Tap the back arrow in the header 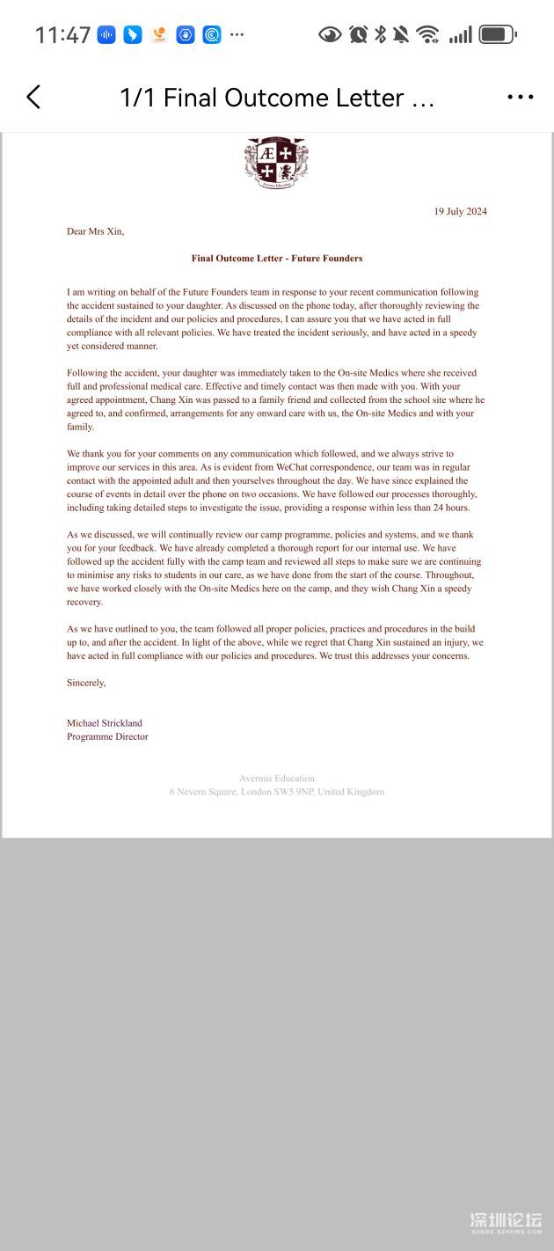[33, 97]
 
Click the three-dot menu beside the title [521, 97]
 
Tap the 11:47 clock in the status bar [62, 35]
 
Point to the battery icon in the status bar [498, 35]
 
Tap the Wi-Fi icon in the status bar [428, 35]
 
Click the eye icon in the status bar [330, 35]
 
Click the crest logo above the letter [276, 163]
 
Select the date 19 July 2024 [460, 211]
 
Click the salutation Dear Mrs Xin [96, 231]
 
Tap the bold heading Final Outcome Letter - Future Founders [277, 259]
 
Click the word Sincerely [86, 683]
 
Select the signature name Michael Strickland [105, 723]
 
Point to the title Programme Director [107, 736]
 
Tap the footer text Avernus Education [277, 778]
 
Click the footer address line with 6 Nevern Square [277, 792]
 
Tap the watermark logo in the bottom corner [505, 1222]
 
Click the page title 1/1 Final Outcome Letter [277, 98]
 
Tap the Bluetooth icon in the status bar [381, 35]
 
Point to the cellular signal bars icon [460, 35]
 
